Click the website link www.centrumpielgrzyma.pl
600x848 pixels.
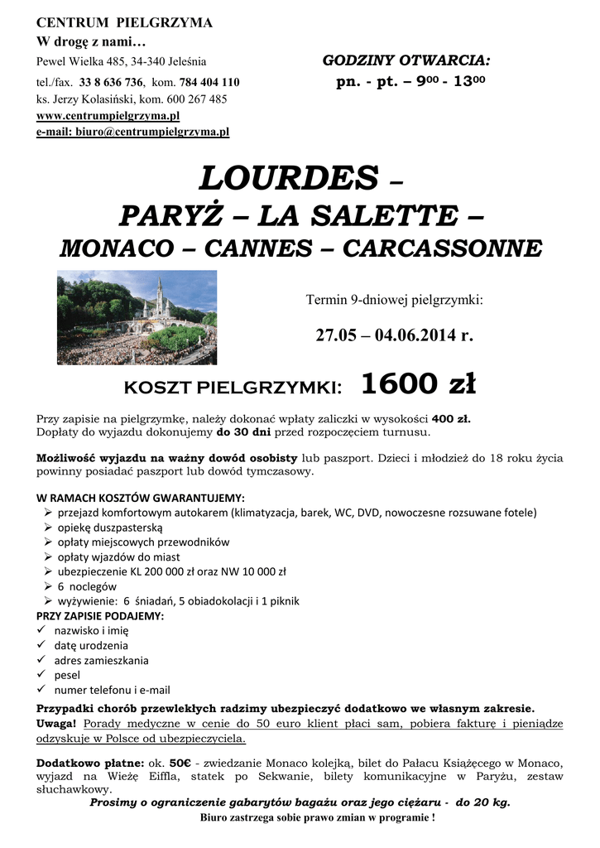[x=108, y=116]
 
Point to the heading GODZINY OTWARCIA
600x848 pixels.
[x=406, y=60]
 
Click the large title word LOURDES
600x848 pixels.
[x=288, y=177]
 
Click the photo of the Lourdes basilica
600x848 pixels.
[x=137, y=317]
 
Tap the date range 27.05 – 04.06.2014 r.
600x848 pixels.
[x=394, y=335]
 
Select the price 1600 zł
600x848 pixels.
[x=418, y=384]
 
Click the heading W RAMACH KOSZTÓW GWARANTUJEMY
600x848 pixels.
[x=141, y=498]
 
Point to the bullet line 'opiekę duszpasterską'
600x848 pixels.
[x=110, y=528]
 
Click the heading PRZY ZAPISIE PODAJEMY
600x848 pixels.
[x=100, y=616]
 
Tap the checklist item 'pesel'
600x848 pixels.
[x=67, y=675]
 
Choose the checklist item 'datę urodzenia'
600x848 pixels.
[x=91, y=646]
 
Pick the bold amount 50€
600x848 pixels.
[x=180, y=762]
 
